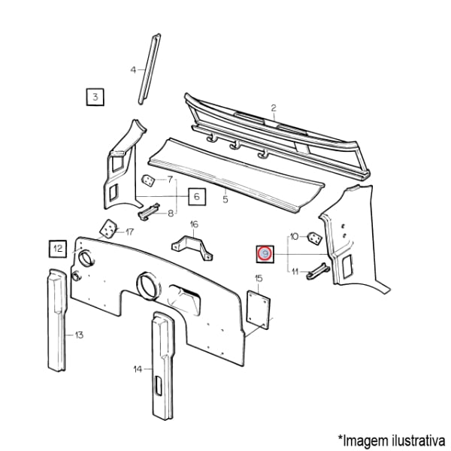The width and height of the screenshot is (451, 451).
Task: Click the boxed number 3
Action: (95, 97)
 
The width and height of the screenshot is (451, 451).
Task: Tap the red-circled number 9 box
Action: (265, 254)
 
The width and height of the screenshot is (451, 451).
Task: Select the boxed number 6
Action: (197, 196)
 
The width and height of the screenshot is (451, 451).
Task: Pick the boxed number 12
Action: (58, 249)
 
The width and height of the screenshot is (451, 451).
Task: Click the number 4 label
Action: (133, 70)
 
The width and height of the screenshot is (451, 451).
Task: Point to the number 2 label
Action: (274, 108)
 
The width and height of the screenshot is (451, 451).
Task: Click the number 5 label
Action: (225, 199)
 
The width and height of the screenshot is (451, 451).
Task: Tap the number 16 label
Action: (194, 224)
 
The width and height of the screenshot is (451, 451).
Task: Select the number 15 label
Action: (259, 278)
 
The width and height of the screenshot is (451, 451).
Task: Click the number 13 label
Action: (79, 335)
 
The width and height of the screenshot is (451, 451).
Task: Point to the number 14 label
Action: (138, 369)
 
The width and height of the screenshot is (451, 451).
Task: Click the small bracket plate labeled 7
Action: (148, 180)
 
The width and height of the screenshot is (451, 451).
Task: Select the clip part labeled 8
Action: (149, 212)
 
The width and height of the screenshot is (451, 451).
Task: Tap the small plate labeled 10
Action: (315, 238)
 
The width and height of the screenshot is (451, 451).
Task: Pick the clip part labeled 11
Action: (317, 271)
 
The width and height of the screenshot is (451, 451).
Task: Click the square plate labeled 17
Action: (108, 229)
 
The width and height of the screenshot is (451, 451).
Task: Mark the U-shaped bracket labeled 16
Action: (192, 248)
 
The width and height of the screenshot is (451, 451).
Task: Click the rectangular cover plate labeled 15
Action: (259, 310)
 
